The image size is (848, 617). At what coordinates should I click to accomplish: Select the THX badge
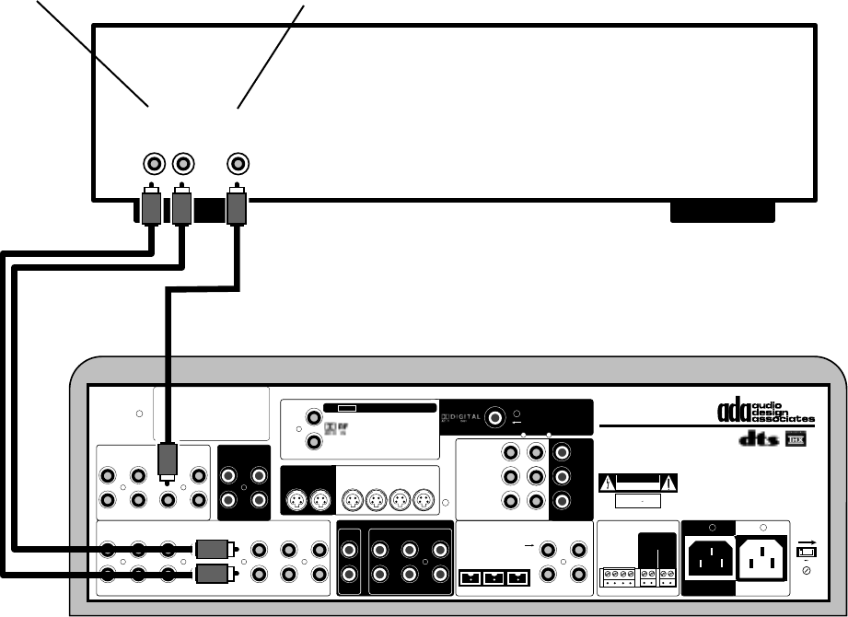pyautogui.click(x=794, y=444)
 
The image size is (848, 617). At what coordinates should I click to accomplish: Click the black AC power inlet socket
pyautogui.click(x=707, y=559)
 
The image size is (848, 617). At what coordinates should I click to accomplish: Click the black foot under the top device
pyautogui.click(x=723, y=214)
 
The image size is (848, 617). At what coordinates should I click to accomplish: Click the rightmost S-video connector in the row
pyautogui.click(x=423, y=502)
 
